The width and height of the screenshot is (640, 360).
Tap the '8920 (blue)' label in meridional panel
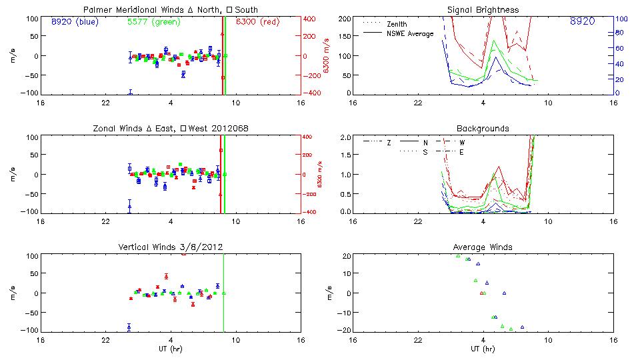point(74,21)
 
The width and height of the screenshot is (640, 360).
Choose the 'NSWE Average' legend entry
point(410,33)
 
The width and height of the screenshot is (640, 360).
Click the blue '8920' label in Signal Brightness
point(582,22)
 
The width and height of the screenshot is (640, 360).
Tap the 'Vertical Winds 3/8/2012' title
point(170,247)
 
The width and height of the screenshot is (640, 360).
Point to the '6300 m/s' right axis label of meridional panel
point(327,56)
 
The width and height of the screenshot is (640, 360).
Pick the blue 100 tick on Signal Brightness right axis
point(620,19)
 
